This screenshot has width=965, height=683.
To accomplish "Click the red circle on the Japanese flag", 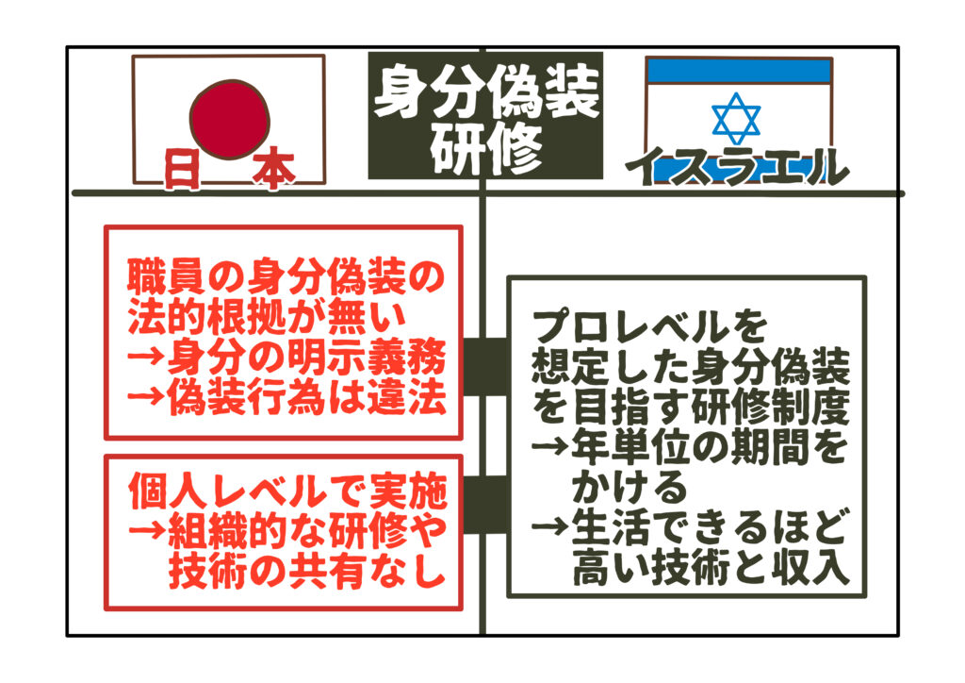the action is [230, 120].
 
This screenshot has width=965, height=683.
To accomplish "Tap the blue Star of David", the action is [736, 118].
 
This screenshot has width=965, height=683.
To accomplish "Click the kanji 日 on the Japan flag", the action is [182, 170].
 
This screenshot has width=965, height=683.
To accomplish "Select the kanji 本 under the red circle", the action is [273, 171].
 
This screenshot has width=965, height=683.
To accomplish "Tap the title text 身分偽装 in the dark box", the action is [485, 92].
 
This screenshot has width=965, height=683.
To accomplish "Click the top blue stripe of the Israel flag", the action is [739, 72].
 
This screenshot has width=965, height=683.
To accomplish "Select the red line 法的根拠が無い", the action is [267, 318].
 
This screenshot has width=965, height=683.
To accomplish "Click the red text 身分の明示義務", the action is [306, 358].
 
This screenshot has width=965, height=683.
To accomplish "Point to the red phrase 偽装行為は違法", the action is [306, 398].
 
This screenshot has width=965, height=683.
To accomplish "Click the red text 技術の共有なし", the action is [306, 571].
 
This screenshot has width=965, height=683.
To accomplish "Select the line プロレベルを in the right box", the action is [649, 327].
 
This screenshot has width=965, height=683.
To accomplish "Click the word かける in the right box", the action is [629, 488].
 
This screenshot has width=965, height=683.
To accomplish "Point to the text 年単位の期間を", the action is [710, 448].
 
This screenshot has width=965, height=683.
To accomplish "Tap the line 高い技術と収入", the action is [711, 568].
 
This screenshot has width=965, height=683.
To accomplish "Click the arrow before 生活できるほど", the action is [549, 526].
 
